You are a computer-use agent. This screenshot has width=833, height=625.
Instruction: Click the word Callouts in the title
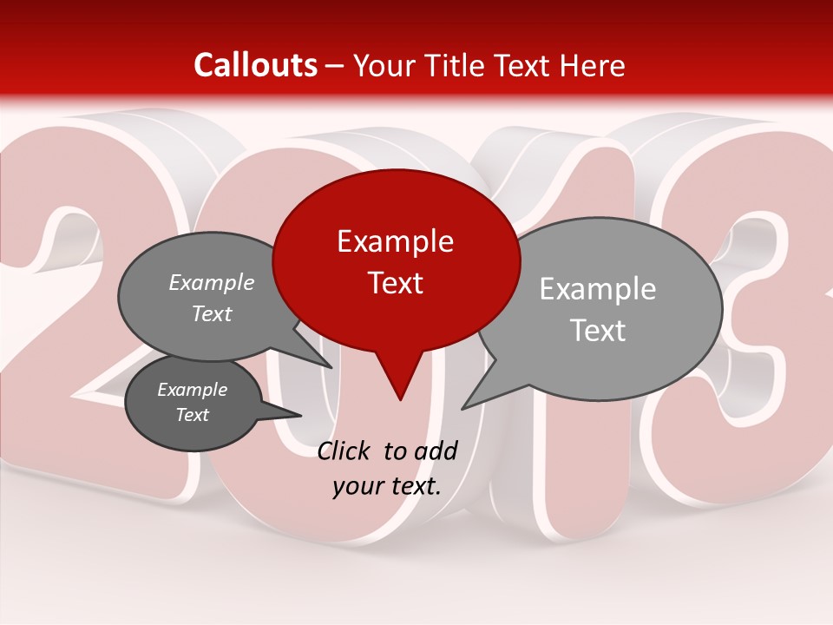pos(255,65)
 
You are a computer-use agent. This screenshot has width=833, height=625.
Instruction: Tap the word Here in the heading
pos(594,65)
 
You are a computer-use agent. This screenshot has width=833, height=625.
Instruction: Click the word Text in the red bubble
pos(395,282)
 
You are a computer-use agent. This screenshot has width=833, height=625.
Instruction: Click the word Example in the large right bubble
pos(598,288)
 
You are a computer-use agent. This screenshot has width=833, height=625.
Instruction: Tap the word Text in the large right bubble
pos(598,330)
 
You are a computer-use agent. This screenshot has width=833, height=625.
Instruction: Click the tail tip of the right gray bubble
pos(463,408)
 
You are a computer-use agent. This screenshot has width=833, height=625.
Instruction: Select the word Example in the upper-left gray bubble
pos(212,282)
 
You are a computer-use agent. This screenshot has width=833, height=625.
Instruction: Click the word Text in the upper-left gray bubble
pos(212,313)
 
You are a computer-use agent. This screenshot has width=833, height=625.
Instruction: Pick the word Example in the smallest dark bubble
pos(192,390)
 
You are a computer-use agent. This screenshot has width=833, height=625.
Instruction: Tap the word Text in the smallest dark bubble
pos(192,415)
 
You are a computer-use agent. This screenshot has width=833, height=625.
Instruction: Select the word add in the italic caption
pos(435,451)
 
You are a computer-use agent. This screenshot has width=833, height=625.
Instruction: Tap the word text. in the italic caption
pos(413,485)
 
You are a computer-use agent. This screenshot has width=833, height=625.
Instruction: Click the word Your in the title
pos(386,65)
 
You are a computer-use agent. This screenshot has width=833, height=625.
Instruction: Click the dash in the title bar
pos(336,65)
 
